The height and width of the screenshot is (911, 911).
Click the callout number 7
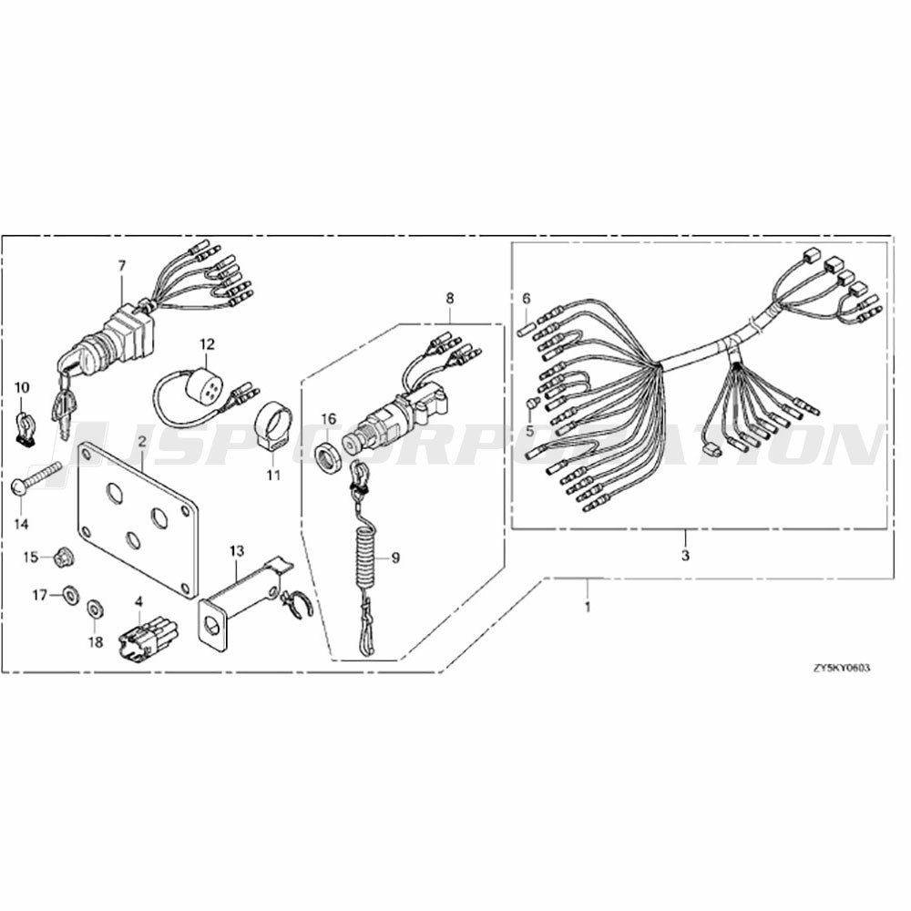(121, 266)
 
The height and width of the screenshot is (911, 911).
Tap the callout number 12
(208, 344)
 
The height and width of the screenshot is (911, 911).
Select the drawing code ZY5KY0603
(842, 668)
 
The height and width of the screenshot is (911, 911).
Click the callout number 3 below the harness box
(686, 555)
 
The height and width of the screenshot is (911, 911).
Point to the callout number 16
(329, 419)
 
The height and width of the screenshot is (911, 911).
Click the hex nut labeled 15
(60, 558)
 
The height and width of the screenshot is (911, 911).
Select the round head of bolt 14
(18, 486)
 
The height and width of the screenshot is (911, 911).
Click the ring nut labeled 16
(329, 451)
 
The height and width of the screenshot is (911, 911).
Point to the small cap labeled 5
(529, 404)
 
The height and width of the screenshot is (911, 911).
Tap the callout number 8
(450, 299)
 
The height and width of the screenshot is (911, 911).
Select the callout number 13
(237, 551)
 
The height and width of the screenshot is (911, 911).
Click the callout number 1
(588, 607)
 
